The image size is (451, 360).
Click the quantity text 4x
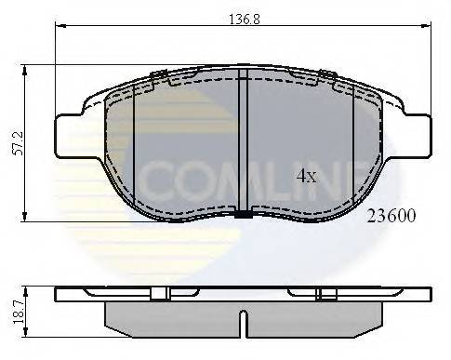(308, 174)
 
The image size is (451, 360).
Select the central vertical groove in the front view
(241, 140)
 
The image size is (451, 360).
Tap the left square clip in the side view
(159, 294)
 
